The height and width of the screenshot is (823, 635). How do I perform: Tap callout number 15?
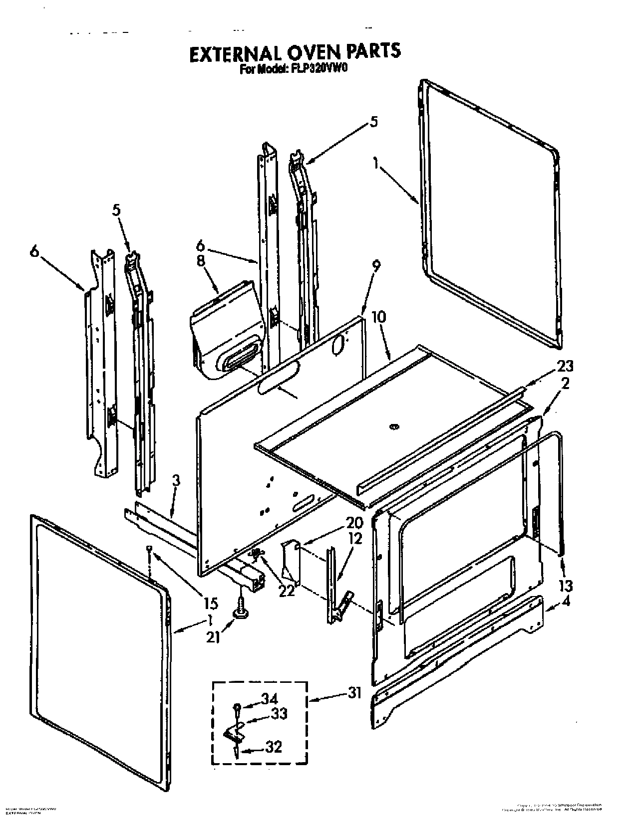tap(210, 604)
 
